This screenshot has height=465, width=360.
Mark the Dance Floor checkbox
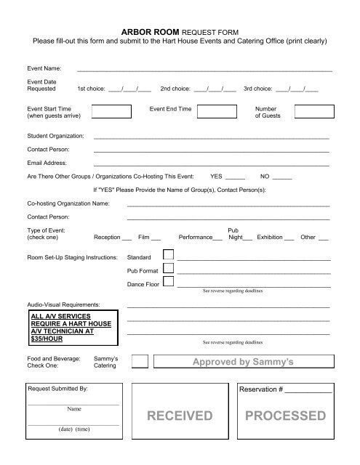(x=169, y=283)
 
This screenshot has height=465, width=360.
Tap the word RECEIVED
(x=179, y=416)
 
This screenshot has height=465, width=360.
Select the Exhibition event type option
(x=275, y=237)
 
